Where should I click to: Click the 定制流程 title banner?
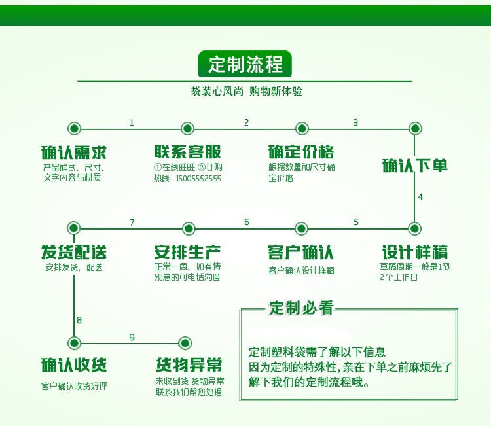point(245,64)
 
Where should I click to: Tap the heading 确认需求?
point(74,152)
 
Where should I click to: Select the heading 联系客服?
point(188,152)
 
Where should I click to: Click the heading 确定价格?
point(301,152)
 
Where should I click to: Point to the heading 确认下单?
point(415,166)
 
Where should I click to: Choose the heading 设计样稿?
point(415,253)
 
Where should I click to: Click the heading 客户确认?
point(301,253)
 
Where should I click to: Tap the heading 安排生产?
point(188,253)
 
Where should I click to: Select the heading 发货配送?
point(74,253)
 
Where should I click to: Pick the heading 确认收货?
point(74,364)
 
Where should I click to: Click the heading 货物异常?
point(189,364)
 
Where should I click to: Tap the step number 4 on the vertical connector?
point(420,196)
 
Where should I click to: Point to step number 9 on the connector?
point(132,337)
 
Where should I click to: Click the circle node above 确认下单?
point(414,128)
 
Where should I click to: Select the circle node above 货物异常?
point(185,342)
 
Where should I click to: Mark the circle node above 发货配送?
point(74,228)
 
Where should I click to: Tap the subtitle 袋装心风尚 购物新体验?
point(246,92)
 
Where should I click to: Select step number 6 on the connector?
point(247,222)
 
